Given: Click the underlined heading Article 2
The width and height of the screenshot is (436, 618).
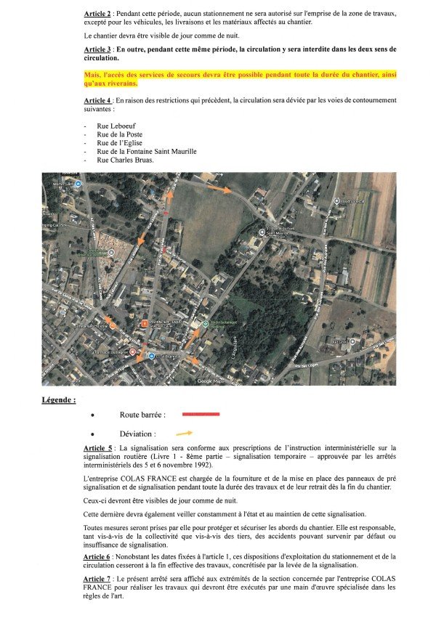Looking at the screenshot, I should (98, 15).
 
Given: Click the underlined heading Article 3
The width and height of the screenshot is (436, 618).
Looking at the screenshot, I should (98, 49).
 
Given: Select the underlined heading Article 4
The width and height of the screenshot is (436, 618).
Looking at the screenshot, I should (98, 99).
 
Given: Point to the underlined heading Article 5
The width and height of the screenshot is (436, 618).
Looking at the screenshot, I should (98, 448).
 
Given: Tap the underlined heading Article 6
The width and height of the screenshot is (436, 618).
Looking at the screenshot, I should (98, 556).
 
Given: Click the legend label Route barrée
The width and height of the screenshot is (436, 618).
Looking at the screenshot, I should (142, 415).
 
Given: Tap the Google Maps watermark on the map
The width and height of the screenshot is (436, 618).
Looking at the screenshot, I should (211, 381).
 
